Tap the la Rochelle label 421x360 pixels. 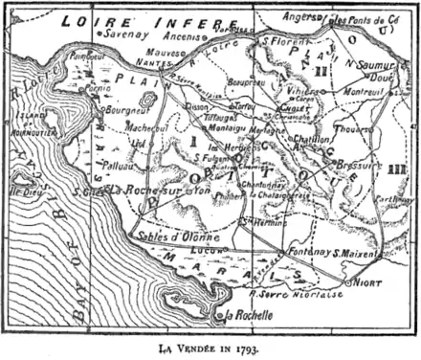243,316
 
